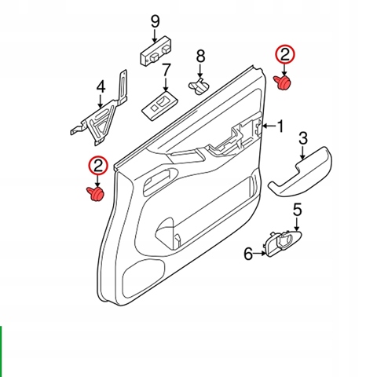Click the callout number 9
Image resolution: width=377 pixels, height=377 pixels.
156,21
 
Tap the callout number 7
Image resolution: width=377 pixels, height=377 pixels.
167,70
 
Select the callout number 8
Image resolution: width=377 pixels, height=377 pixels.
200,57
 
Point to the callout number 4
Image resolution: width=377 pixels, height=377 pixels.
101,87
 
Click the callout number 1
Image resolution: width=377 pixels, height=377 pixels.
280,126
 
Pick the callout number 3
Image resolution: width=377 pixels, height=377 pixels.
303,138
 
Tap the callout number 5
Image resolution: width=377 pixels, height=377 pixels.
298,210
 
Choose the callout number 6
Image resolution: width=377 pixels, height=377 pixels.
248,254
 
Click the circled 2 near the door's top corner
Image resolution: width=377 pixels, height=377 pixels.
284,55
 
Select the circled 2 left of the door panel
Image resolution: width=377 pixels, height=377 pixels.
98,166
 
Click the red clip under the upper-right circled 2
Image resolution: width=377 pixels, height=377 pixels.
283,83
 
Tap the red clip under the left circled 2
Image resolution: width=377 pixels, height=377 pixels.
95,194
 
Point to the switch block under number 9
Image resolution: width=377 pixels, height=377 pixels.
156,49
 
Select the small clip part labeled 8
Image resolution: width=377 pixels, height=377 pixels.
199,86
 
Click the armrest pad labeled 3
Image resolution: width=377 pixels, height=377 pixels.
300,171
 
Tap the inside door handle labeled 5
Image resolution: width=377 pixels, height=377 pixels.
284,242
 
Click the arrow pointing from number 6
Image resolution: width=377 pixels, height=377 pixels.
260,254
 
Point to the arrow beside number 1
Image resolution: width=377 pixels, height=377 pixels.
269,126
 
